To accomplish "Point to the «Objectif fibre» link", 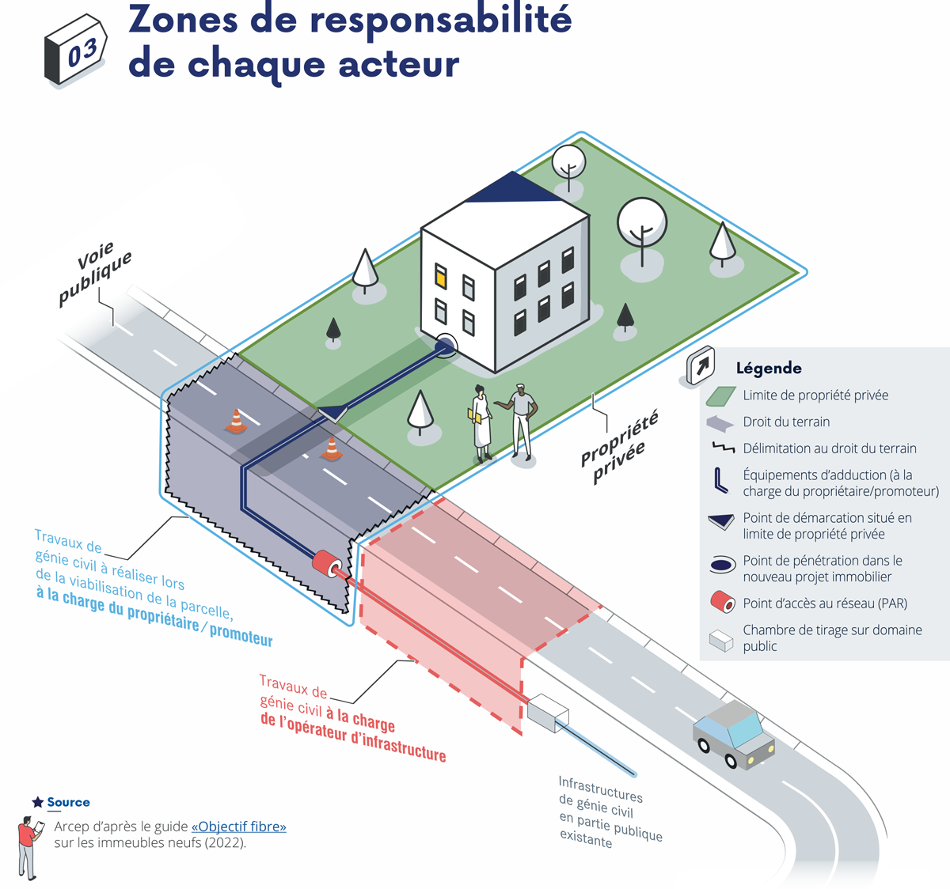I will point(238,827).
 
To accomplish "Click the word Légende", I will point(769,368).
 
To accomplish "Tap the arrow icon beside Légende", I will point(701,365).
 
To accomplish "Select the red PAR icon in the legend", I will point(722,603).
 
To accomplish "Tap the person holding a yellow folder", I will point(481,423).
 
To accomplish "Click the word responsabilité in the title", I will point(440,19).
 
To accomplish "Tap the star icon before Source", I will point(37,802).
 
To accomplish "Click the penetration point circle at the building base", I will point(446,345).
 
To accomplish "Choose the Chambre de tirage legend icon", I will point(721,639).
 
